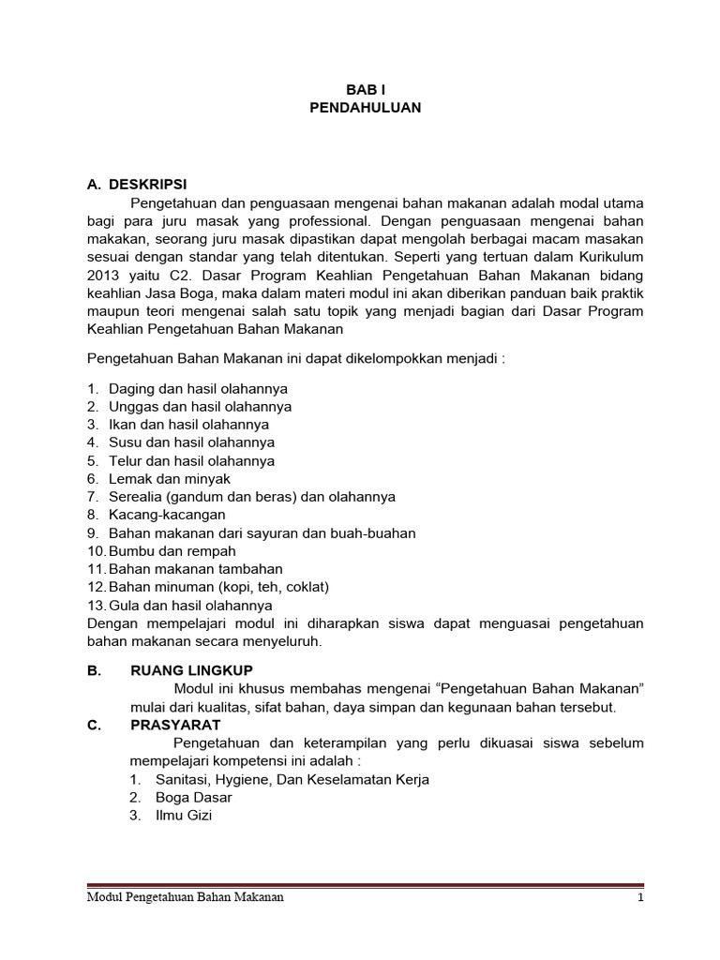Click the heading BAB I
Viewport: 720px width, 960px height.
pyautogui.click(x=365, y=90)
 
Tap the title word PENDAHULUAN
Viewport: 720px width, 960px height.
pyautogui.click(x=365, y=108)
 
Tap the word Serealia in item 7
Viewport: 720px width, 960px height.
pyautogui.click(x=135, y=496)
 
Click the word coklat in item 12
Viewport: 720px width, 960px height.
pyautogui.click(x=305, y=587)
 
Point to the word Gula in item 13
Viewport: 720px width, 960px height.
pyautogui.click(x=124, y=605)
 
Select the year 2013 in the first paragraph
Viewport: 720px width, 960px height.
pyautogui.click(x=103, y=276)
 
